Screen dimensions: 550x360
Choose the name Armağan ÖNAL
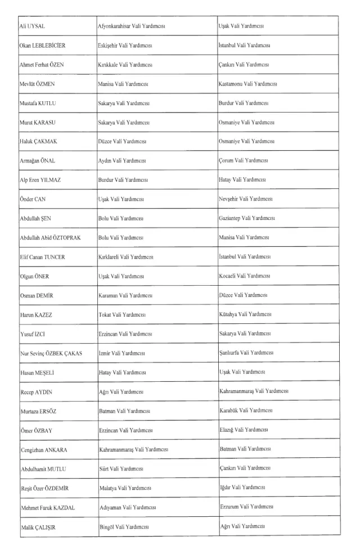pos(37,161)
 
